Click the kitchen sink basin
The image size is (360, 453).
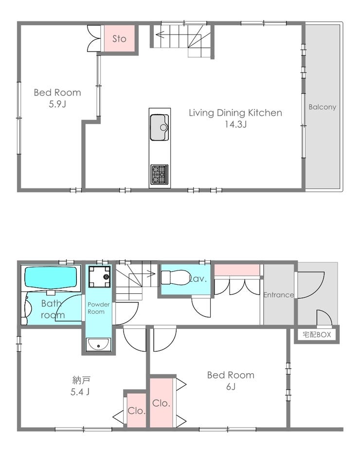click(159, 127)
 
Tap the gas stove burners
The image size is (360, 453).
click(159, 174)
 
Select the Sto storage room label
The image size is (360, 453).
click(119, 39)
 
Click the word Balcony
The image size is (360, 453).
click(322, 107)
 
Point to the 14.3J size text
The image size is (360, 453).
click(236, 124)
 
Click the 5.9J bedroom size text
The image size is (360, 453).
click(57, 104)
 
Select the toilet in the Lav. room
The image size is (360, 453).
click(175, 277)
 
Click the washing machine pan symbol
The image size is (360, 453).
click(99, 277)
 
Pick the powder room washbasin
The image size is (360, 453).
click(99, 344)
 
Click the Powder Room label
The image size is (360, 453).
click(99, 308)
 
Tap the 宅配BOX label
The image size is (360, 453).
click(317, 335)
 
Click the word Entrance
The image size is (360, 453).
click(279, 295)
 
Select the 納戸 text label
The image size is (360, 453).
click(81, 380)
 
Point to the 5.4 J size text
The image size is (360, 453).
click(80, 392)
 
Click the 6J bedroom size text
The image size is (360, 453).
click(231, 386)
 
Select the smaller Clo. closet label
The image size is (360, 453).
click(136, 411)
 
